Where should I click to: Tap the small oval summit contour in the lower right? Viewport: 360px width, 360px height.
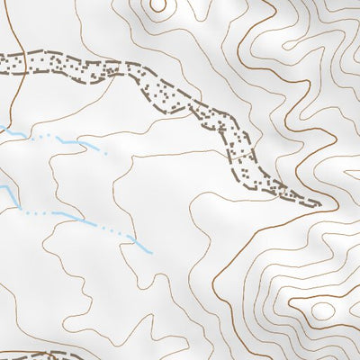coord(321,310)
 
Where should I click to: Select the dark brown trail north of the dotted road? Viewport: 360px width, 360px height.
coord(16,31)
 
